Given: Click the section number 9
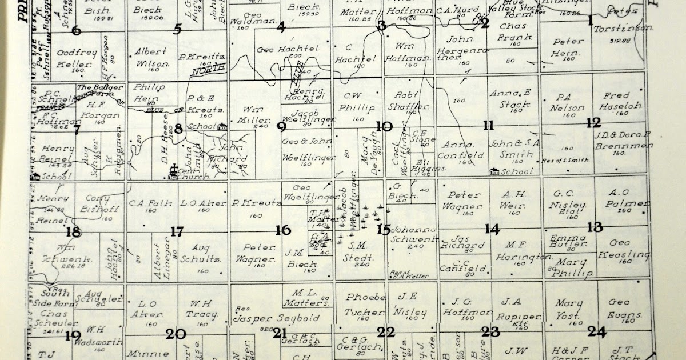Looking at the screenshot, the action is (x=281, y=127).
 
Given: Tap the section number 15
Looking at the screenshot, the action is (x=384, y=229).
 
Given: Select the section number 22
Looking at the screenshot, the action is (x=386, y=331).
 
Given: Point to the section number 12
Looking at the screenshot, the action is (x=593, y=122).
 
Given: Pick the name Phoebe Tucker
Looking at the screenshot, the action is (x=364, y=305).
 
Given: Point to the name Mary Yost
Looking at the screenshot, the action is (x=568, y=309).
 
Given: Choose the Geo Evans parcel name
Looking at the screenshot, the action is (x=619, y=308).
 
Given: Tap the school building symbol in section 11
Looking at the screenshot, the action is (x=495, y=170).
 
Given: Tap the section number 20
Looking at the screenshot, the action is (x=176, y=334).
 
